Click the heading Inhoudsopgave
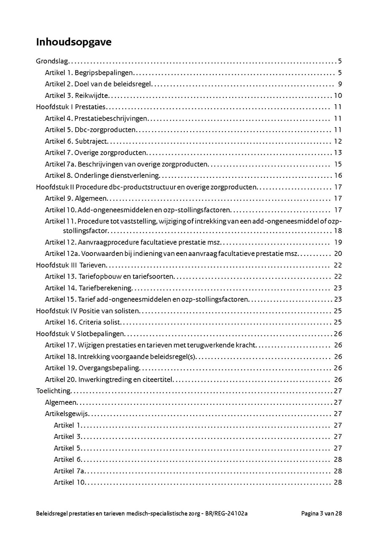click(73, 42)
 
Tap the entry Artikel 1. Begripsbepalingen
click(89, 73)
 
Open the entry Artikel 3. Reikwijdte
click(77, 95)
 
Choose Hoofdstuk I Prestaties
click(71, 107)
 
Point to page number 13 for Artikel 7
click(338, 153)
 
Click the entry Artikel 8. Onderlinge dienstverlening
click(102, 176)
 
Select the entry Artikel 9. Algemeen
click(76, 198)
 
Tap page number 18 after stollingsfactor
click(338, 231)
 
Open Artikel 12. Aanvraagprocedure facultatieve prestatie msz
click(133, 242)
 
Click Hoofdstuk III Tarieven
click(71, 265)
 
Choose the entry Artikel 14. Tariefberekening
click(89, 288)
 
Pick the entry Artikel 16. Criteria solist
click(83, 322)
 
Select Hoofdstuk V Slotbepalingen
click(80, 334)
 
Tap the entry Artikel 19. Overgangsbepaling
click(92, 368)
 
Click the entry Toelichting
click(53, 391)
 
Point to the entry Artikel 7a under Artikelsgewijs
click(69, 471)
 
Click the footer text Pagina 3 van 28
click(321, 514)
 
